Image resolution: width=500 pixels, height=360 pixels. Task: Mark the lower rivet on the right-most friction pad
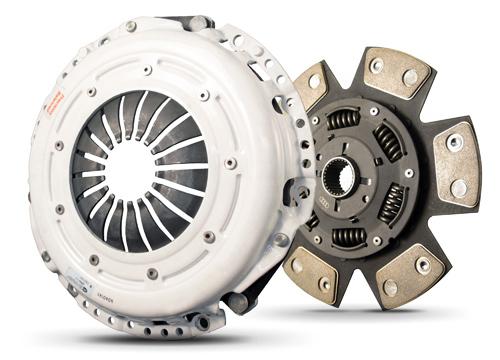pyautogui.click(x=458, y=187)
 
